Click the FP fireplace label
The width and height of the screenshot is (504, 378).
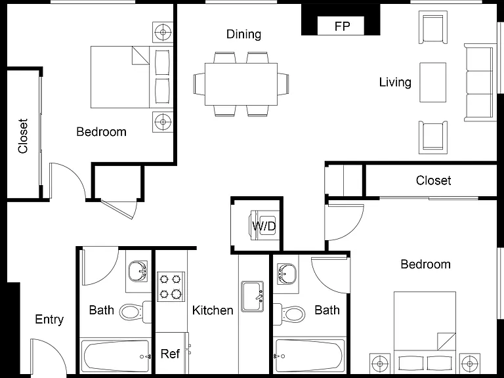coord(342,26)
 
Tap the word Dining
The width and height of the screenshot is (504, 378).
coord(243,34)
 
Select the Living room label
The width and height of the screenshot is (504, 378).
coord(395,82)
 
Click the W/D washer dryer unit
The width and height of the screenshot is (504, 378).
coord(264,225)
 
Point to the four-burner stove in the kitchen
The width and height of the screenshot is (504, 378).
coord(171,286)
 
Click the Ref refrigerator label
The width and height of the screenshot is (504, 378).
coord(170,354)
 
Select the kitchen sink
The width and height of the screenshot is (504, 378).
coord(253,297)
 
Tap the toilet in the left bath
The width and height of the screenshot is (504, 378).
coord(135,312)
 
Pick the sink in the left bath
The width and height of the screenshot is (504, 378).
coord(138,272)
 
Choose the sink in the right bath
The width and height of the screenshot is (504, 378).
coord(287,274)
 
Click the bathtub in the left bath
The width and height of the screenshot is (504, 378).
coord(115,356)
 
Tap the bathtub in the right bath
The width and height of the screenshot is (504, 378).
coord(309,356)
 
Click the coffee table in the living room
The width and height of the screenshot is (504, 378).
coord(432,82)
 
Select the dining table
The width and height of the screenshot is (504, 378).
coord(241,84)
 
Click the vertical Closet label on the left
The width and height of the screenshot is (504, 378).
coord(23,136)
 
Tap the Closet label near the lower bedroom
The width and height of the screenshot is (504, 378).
coord(433,180)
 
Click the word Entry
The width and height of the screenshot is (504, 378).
coord(49,320)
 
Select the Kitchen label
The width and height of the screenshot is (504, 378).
coord(213,310)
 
